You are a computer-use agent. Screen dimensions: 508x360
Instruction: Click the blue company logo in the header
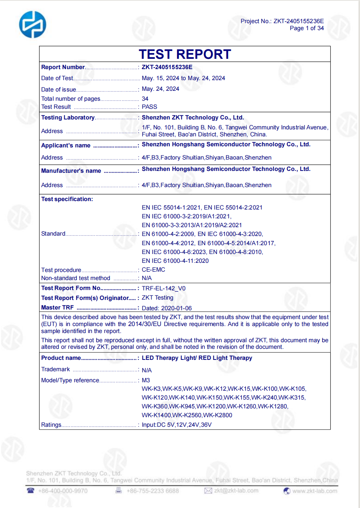click(x=33, y=25)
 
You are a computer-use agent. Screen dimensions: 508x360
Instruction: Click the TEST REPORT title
click(x=185, y=54)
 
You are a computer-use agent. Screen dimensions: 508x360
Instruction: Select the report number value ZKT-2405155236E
click(x=167, y=67)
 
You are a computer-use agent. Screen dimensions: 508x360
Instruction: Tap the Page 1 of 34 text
click(x=307, y=28)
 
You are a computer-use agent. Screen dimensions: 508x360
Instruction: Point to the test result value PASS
click(x=150, y=107)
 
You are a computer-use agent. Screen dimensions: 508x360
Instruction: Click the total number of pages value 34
click(x=145, y=99)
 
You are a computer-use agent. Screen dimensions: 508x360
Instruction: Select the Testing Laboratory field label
click(x=68, y=118)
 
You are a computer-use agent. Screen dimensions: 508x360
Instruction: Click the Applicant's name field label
click(x=66, y=146)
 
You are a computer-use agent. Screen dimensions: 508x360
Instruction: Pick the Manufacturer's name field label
click(x=71, y=171)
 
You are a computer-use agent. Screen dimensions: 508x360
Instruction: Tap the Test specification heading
click(x=67, y=199)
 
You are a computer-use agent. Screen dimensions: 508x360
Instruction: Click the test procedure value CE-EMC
click(x=154, y=270)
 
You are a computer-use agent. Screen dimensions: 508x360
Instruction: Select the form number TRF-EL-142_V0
click(x=163, y=289)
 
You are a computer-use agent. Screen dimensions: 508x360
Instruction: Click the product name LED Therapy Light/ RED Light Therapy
click(x=197, y=358)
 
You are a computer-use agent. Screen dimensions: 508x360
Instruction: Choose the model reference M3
click(x=146, y=380)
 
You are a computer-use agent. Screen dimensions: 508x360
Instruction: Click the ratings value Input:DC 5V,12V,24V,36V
click(x=177, y=425)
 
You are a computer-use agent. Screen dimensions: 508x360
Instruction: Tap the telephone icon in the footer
click(x=30, y=491)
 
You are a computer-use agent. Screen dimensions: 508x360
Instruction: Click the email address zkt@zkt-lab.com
click(x=236, y=491)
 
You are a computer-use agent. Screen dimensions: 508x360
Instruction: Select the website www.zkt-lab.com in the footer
click(x=314, y=491)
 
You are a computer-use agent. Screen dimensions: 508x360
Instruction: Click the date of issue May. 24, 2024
click(x=161, y=89)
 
